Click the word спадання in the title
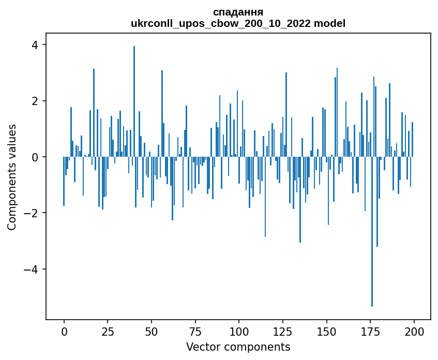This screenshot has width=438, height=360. [x=238, y=12]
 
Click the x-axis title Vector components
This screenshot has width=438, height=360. [x=238, y=347]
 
